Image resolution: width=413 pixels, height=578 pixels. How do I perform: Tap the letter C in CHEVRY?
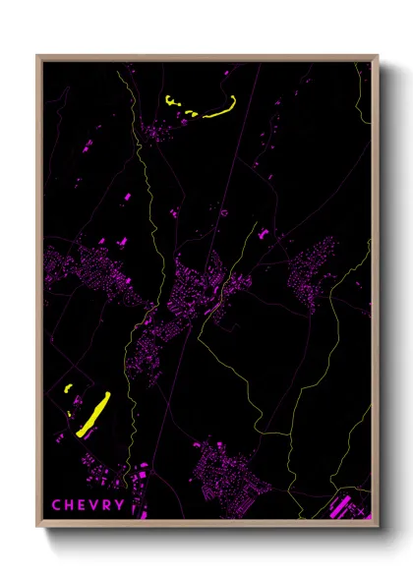pos(57,505)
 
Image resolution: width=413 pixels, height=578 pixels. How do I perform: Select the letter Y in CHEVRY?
pos(120,505)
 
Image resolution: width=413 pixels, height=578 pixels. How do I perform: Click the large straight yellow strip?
pos(92,414)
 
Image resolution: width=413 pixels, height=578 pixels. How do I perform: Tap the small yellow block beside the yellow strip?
pos(69,390)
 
